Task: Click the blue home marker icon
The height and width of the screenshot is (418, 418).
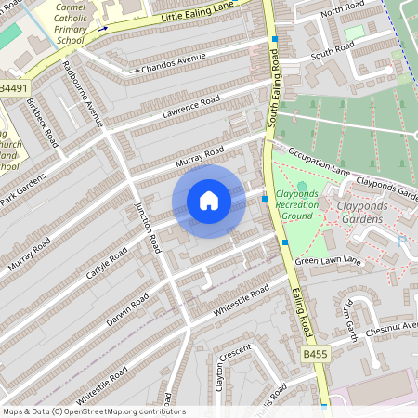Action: (x=209, y=202)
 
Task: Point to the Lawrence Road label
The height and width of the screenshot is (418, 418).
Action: (x=189, y=106)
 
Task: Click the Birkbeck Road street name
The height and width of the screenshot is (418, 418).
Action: (x=43, y=121)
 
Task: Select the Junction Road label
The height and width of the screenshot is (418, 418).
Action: (x=149, y=228)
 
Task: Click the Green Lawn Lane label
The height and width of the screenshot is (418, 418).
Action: (x=327, y=262)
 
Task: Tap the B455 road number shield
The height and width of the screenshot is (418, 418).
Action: (x=316, y=354)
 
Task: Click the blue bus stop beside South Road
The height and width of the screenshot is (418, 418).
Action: (x=275, y=39)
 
